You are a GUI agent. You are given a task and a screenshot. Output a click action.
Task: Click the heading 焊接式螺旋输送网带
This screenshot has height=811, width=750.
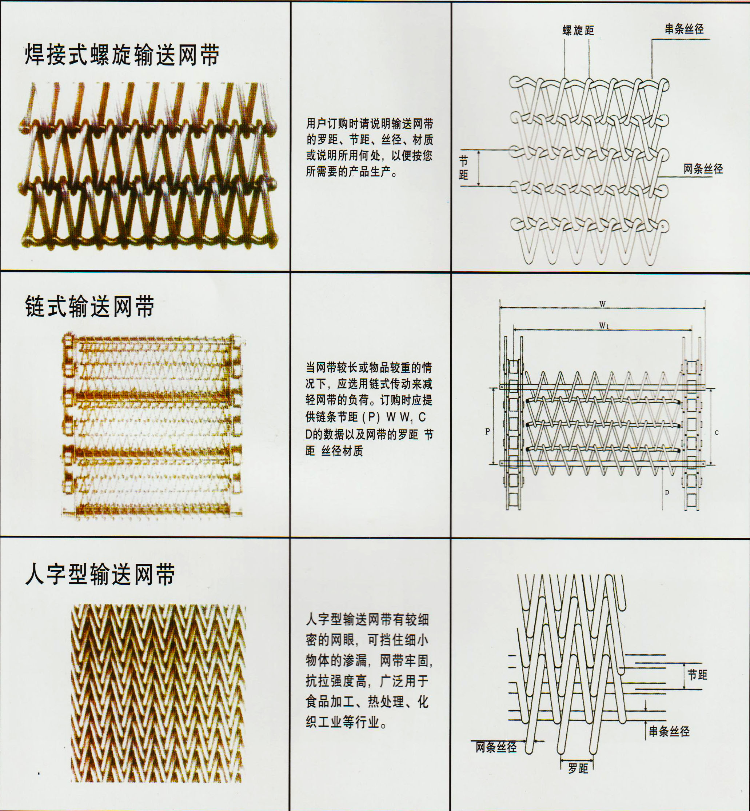tap(122, 55)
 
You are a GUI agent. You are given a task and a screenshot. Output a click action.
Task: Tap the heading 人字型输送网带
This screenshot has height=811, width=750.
tap(100, 575)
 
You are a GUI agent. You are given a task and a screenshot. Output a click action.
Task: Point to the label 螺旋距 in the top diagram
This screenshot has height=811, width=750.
tap(578, 31)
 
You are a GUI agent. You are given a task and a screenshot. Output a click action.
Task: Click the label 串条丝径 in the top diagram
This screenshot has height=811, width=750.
tap(684, 29)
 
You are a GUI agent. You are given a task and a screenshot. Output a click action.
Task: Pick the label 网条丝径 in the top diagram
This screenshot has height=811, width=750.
tap(703, 169)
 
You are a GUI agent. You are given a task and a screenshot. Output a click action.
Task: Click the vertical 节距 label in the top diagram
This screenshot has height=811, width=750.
tap(463, 168)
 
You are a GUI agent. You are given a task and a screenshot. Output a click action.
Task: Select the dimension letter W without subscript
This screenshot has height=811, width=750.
tap(602, 304)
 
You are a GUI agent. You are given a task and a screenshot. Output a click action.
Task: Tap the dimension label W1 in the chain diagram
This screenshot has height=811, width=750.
tap(604, 325)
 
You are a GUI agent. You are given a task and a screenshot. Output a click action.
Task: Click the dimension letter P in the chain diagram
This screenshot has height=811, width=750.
tap(487, 432)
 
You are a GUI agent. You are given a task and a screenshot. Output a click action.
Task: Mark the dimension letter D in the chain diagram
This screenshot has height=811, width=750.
tap(667, 492)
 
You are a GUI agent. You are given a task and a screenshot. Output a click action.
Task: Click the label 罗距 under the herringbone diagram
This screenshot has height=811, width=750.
tap(578, 768)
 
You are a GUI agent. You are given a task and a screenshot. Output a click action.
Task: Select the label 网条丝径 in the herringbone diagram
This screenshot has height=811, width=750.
tap(496, 747)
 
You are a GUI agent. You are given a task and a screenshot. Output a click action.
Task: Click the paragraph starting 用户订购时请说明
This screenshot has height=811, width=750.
tap(369, 147)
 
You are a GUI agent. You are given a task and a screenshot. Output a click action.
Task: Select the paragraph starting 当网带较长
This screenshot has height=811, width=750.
tap(369, 409)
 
